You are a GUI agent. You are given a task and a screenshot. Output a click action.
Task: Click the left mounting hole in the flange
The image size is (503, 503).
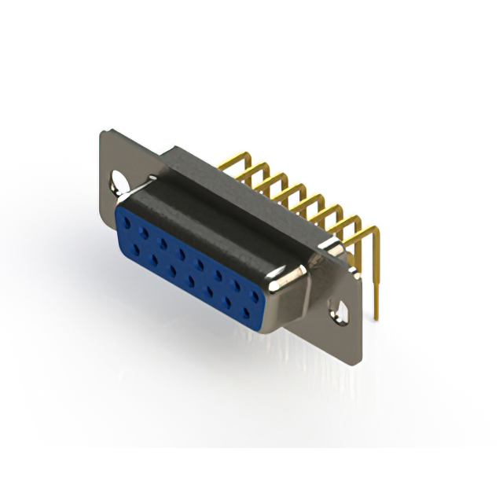pos(118,182)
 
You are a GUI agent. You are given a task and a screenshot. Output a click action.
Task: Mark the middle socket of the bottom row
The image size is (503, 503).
pos(191,279)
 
